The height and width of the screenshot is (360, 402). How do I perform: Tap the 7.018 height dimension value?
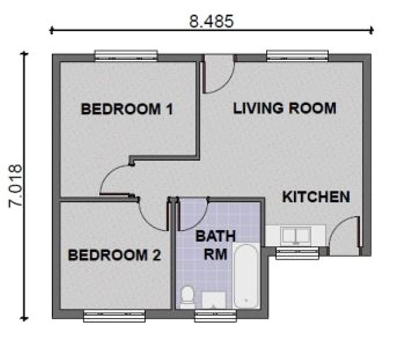click(x=15, y=186)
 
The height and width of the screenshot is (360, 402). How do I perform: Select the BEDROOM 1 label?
click(x=127, y=109)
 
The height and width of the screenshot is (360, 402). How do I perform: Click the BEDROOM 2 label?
click(x=114, y=255)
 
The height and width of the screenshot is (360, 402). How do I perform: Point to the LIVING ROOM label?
click(x=284, y=108)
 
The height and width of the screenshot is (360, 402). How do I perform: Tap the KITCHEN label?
click(x=316, y=197)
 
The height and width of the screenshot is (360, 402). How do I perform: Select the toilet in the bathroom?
click(x=186, y=297)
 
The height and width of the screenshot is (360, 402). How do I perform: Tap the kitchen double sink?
click(x=296, y=235)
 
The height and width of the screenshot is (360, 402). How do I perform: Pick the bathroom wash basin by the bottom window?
click(x=214, y=300)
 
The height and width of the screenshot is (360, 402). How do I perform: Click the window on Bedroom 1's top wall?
click(x=126, y=55)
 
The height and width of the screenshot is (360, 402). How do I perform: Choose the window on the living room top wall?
click(x=297, y=55)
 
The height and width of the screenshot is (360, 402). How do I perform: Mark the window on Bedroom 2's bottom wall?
click(x=114, y=316)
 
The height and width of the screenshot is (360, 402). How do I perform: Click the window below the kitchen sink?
click(x=297, y=253)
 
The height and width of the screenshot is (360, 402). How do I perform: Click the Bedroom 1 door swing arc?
click(x=115, y=179)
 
